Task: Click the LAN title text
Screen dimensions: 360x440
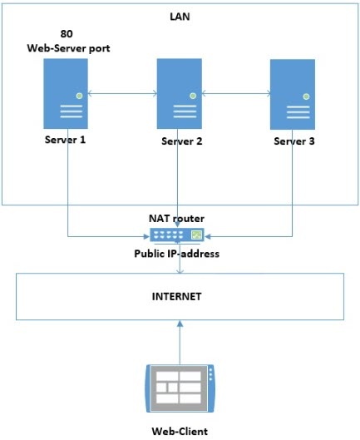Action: coord(180,17)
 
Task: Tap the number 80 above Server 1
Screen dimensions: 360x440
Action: coord(67,33)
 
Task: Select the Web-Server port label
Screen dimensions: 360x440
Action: coord(68,48)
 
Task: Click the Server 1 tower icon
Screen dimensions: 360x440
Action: coord(66,94)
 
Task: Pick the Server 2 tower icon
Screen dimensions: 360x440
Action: coord(180,94)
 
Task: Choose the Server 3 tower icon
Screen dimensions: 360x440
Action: coord(293,94)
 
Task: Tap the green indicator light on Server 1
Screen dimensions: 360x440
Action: coord(80,96)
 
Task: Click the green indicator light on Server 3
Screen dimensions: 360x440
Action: coord(306,96)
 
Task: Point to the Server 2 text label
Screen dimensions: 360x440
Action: coord(182,141)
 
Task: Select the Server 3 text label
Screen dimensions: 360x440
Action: coord(294,141)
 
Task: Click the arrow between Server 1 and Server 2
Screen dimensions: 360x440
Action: coord(122,93)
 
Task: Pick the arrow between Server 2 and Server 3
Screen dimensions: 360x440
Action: coord(236,93)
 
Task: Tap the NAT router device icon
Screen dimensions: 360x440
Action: coord(177,235)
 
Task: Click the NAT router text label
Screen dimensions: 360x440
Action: coord(176,218)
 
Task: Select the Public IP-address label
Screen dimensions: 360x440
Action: coord(177,254)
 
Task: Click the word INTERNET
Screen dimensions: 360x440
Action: coord(177,297)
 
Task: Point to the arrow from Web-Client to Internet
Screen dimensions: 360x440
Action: coord(180,343)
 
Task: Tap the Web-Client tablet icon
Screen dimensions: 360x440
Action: coord(180,388)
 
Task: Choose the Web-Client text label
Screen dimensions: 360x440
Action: coord(180,432)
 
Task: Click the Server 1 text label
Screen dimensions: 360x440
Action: coord(65,140)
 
